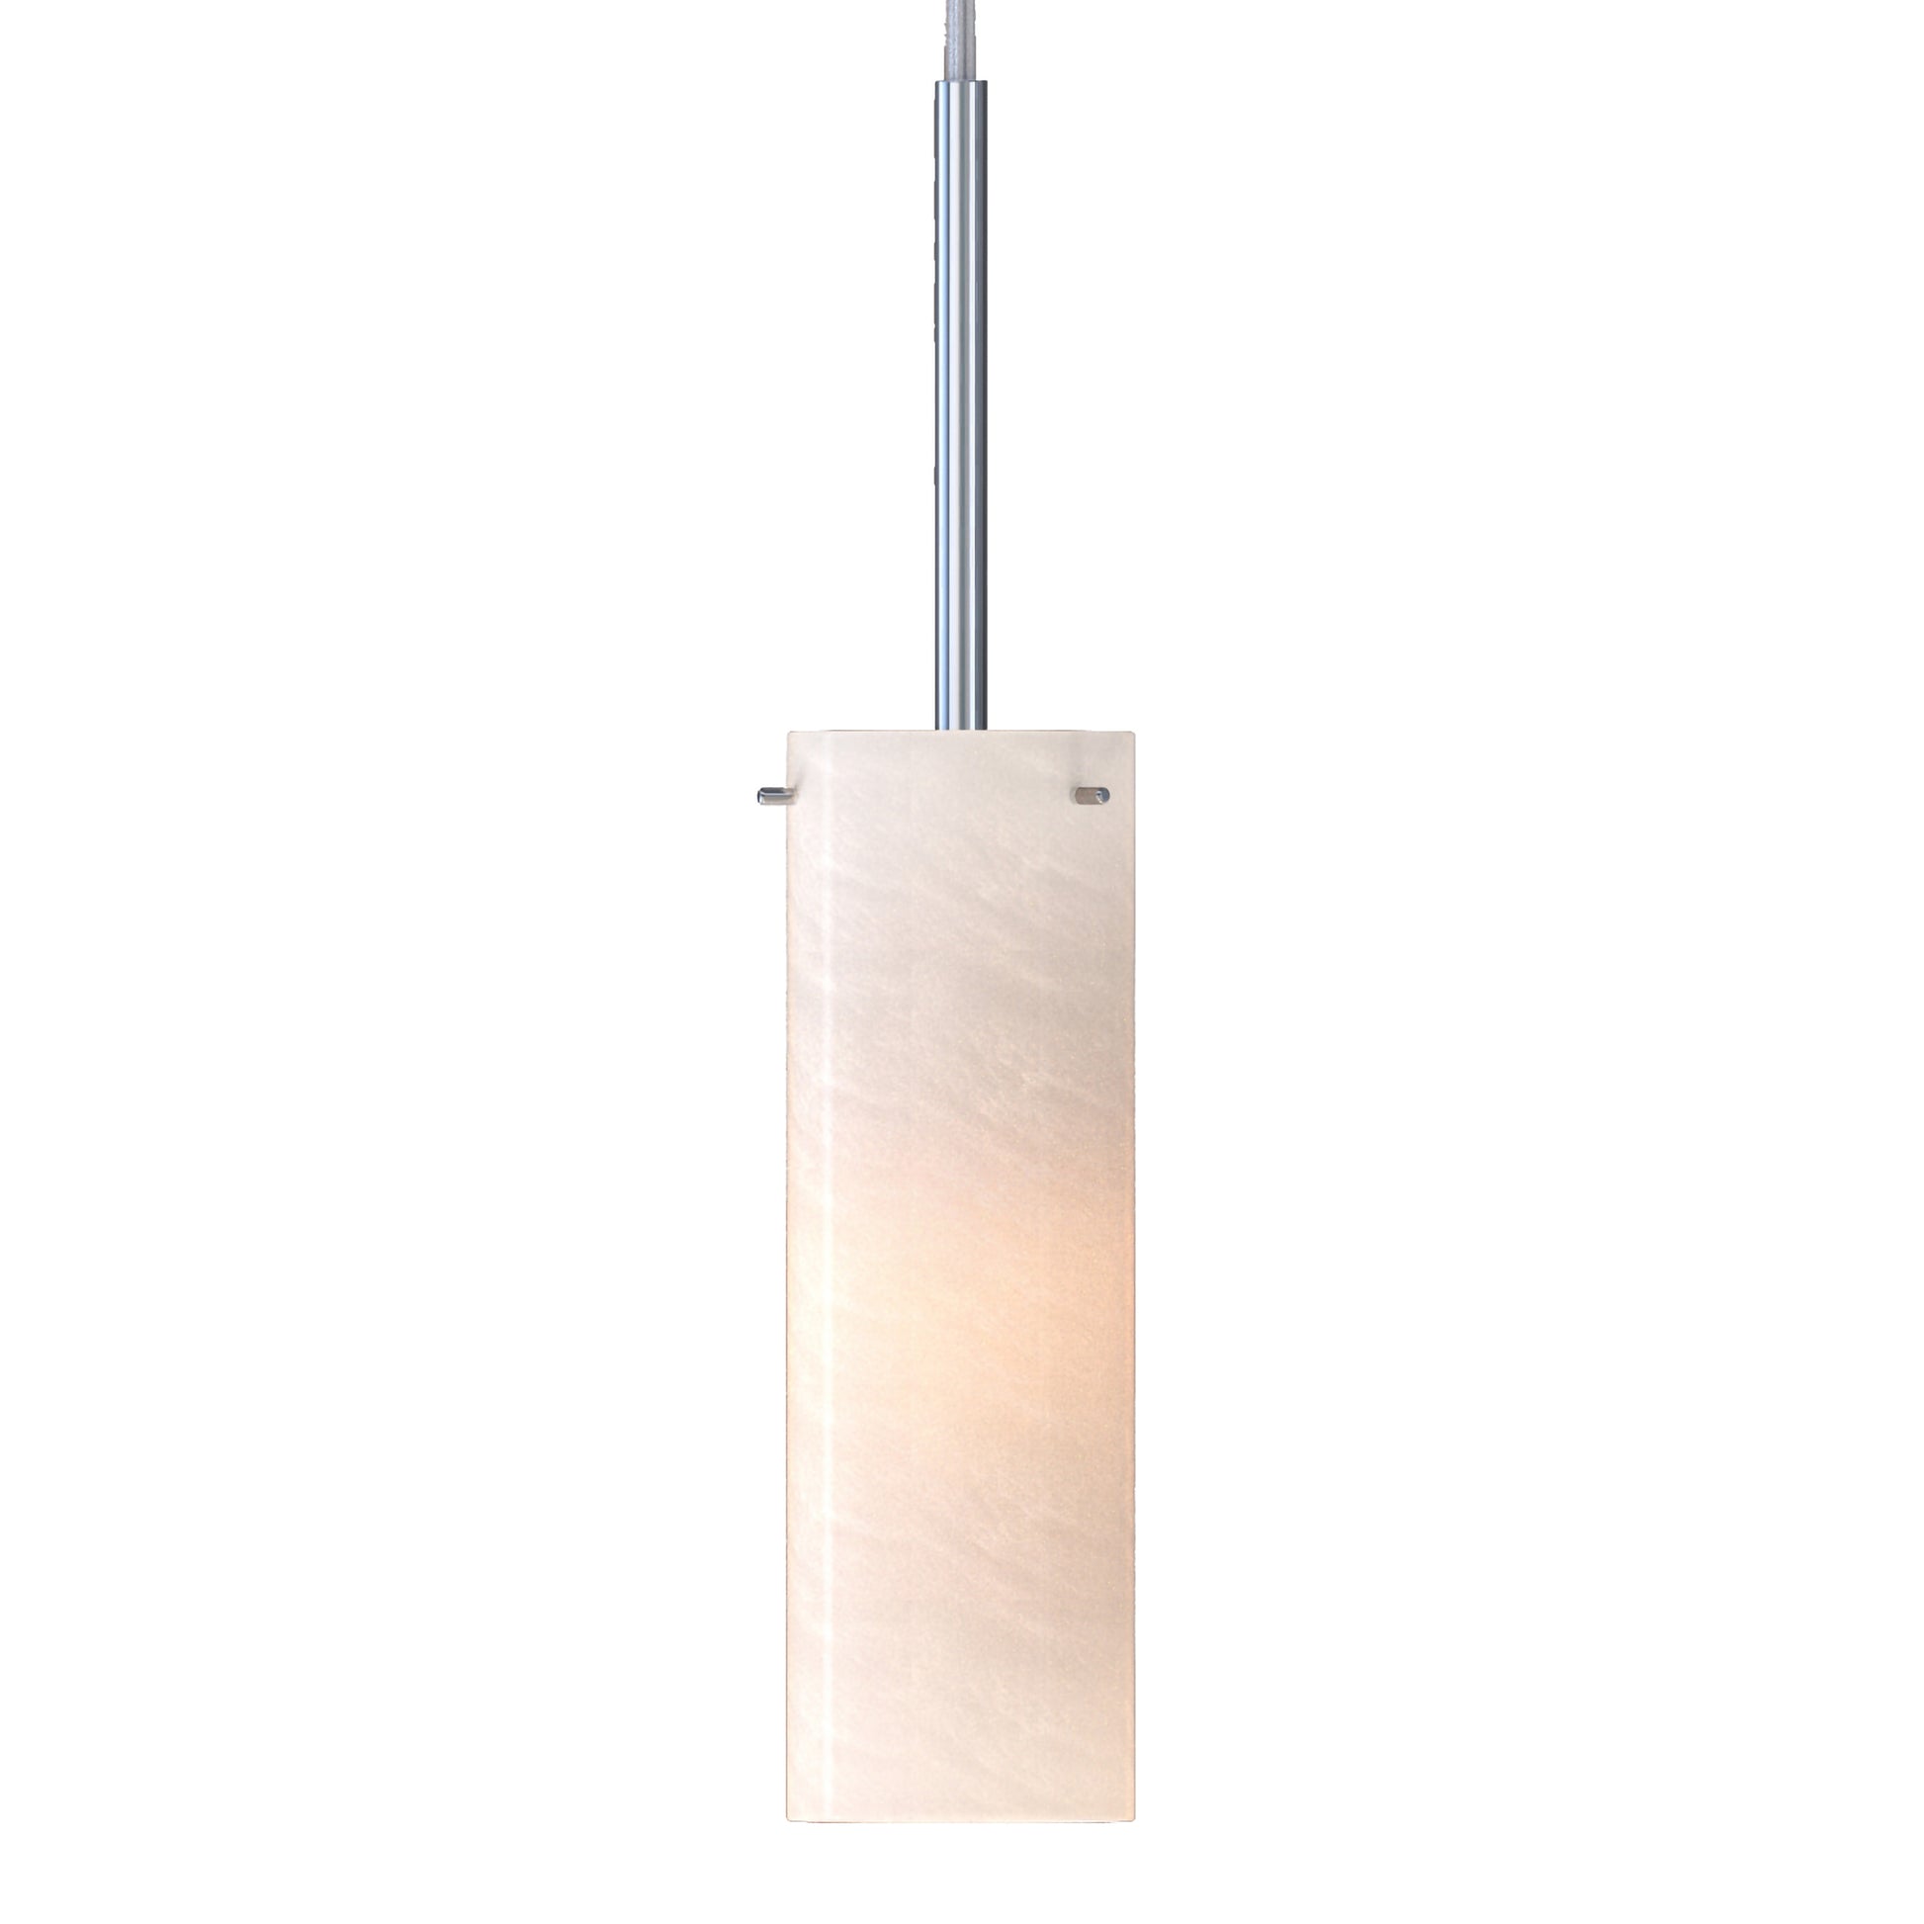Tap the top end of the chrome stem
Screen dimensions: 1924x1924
click(x=960, y=86)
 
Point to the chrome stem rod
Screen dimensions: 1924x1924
click(x=960, y=398)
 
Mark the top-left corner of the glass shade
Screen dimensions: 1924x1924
click(x=790, y=734)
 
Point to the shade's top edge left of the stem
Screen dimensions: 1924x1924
click(x=861, y=733)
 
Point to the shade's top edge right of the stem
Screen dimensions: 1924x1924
click(x=1061, y=733)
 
